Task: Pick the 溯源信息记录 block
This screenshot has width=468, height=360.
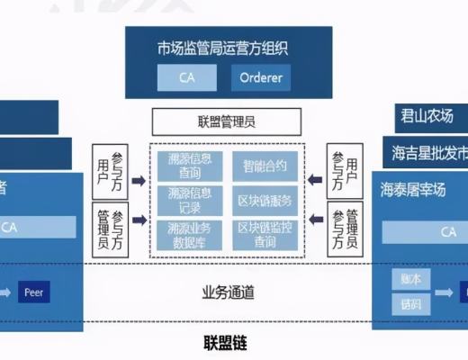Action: click(190, 199)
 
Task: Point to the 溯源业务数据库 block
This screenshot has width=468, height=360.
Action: click(190, 236)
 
